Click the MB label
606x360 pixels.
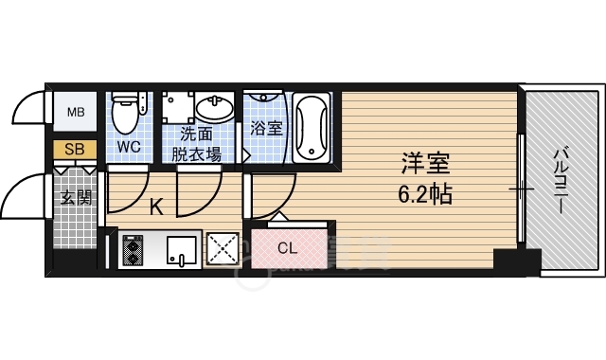click(x=76, y=113)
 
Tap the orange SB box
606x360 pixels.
click(x=75, y=150)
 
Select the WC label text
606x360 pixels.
click(x=129, y=147)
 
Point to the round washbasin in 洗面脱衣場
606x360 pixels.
click(x=215, y=106)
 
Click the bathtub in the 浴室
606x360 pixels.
click(x=312, y=128)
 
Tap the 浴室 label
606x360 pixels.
click(x=266, y=129)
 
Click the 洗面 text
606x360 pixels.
click(x=196, y=135)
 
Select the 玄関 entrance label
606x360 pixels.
click(x=76, y=198)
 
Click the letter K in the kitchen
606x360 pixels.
click(x=156, y=207)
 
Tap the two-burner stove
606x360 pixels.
click(x=133, y=250)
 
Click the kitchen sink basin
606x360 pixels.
click(x=181, y=250)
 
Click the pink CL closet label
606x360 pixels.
click(x=288, y=248)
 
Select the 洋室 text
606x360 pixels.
click(x=425, y=163)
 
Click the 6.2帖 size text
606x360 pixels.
click(x=425, y=194)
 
